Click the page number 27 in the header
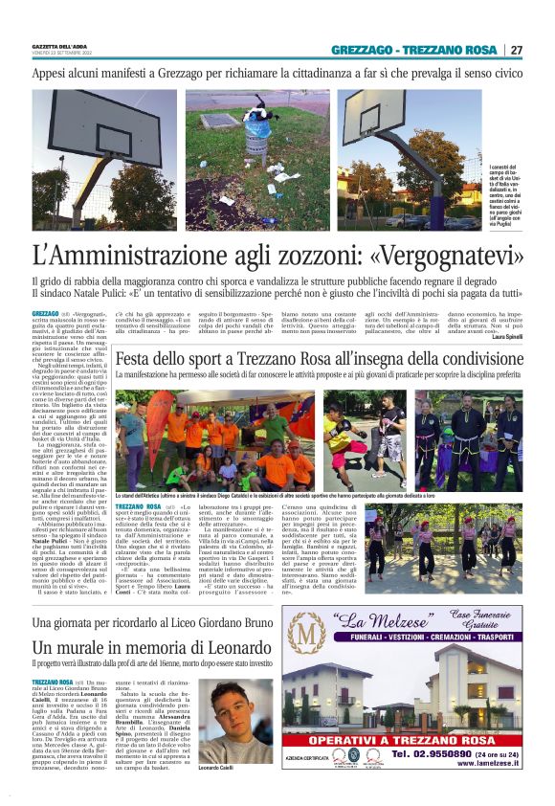517,50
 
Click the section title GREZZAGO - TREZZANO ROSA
414,49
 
